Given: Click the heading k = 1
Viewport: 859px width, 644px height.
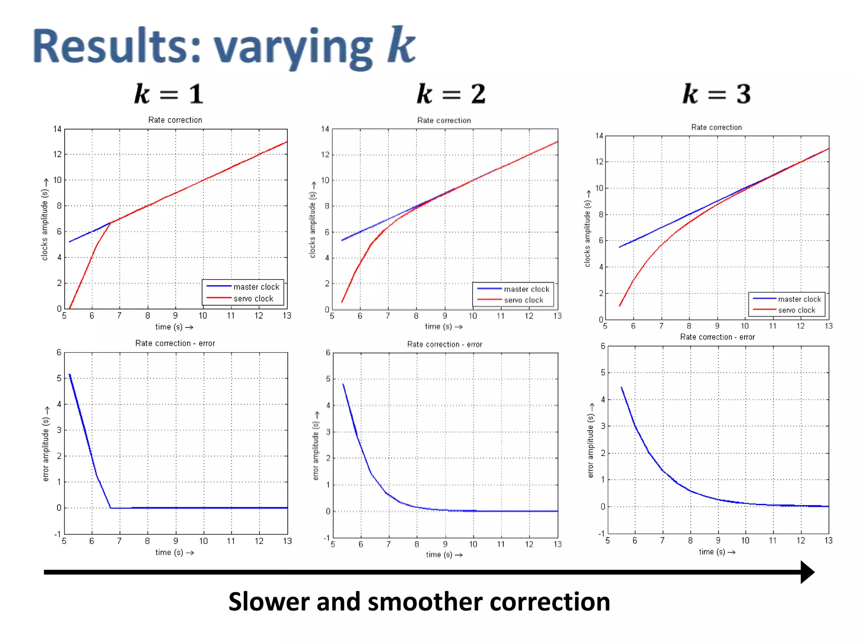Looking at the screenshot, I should click(x=169, y=94).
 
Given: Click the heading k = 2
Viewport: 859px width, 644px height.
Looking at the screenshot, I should click(x=451, y=94).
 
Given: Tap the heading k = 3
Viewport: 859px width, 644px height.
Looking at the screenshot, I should click(x=717, y=94).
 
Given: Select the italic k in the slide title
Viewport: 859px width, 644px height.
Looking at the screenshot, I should click(x=401, y=45).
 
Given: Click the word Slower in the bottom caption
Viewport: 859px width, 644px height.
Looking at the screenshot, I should click(x=268, y=602).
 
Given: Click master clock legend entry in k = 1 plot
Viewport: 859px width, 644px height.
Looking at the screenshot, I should click(x=256, y=287).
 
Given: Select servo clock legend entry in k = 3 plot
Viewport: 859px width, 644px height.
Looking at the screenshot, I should click(x=796, y=310).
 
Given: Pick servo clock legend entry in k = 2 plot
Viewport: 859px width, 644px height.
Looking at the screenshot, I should click(x=523, y=300).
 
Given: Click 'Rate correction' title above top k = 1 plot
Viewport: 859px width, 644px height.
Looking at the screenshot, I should click(x=175, y=120).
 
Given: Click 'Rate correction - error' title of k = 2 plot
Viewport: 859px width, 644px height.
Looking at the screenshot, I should click(x=445, y=344).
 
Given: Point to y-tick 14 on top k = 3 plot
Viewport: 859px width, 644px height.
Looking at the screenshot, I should click(x=599, y=136).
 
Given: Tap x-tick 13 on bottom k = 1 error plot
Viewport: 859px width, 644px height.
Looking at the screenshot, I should click(x=287, y=541).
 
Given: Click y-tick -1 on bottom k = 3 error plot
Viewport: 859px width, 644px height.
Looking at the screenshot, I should click(x=601, y=533).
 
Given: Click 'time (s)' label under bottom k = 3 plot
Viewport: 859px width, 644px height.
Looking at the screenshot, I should click(x=712, y=552).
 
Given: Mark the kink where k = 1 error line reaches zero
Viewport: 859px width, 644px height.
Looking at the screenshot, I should click(x=111, y=508).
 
